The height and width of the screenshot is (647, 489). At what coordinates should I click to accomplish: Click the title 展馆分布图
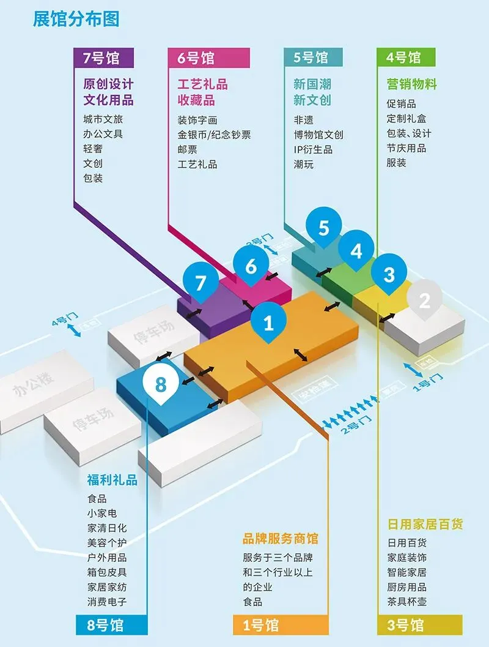coord(76,18)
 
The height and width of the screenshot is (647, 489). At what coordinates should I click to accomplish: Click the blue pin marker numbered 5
coord(323,228)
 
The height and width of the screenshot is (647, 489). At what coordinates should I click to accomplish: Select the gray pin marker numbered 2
coord(424,300)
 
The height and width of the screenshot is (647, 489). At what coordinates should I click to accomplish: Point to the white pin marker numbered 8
coord(160,384)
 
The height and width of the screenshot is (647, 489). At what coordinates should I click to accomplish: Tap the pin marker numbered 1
coord(268,323)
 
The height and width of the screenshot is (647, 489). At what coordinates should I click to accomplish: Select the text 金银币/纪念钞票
coord(214,135)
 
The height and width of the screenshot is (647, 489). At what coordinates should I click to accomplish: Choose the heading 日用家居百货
coord(425,525)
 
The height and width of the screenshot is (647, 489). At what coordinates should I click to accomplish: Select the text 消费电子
coord(107,602)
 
